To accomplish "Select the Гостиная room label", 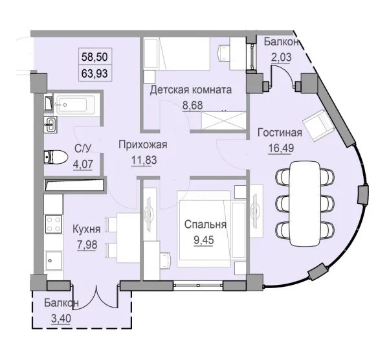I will [279, 133].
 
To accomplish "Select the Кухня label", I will [86, 229].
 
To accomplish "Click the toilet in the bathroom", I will [54, 158].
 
